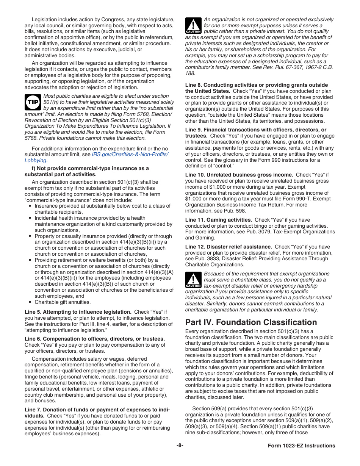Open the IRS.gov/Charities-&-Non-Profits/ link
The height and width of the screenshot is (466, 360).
tap(130, 155)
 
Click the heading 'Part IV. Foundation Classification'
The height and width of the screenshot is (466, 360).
tap(251, 322)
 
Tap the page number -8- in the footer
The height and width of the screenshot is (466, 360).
tap(180, 446)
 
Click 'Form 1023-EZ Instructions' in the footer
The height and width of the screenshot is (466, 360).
tap(299, 446)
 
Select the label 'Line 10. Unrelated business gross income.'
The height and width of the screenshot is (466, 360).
tap(239, 175)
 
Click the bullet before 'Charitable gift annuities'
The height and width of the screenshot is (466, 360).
tap(30, 302)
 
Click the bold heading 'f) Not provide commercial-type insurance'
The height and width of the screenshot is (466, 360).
tap(86, 171)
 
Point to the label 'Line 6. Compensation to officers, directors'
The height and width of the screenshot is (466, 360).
tap(95, 339)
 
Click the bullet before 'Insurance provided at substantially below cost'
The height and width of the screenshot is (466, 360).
tap(30, 206)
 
